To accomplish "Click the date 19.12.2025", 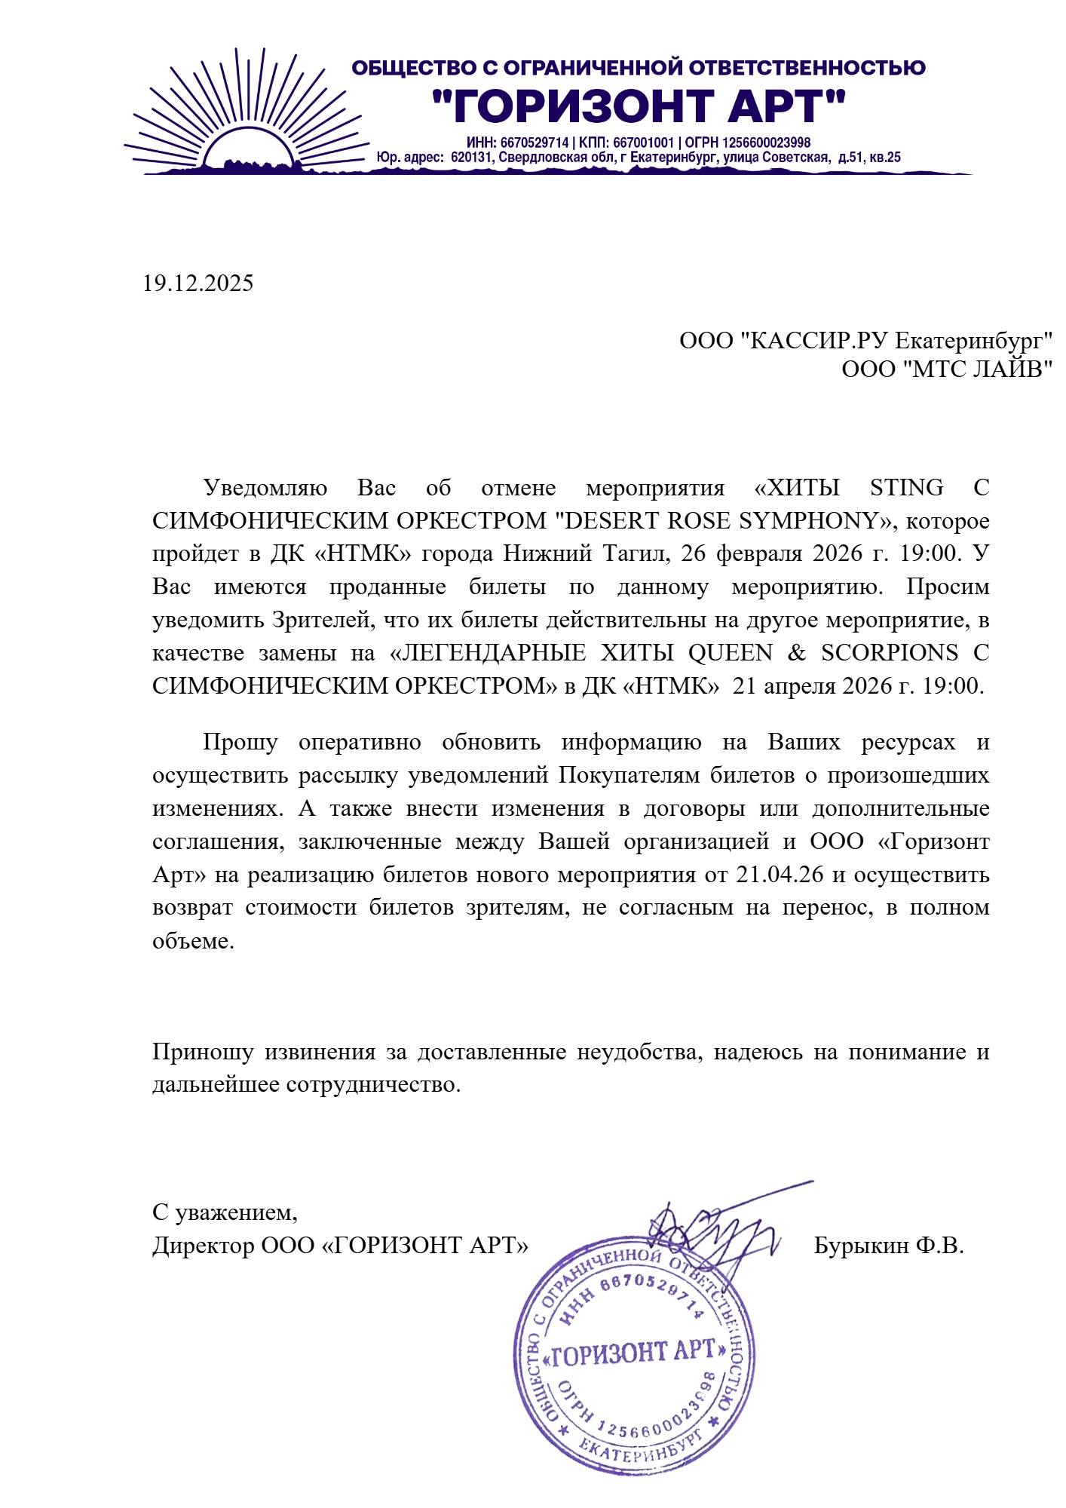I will (x=198, y=284).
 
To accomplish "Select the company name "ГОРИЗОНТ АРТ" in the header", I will (x=639, y=106).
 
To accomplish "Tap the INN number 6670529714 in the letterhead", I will (x=534, y=143).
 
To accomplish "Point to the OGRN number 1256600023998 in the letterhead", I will (x=766, y=143).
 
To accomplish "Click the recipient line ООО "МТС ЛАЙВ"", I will (x=946, y=369).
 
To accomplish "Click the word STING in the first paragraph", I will (x=906, y=488).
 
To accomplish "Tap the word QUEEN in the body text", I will (x=730, y=652).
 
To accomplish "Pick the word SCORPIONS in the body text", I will (x=890, y=652).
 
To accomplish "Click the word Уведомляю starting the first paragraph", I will (x=265, y=488).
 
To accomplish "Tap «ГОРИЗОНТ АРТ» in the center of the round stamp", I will (x=635, y=1353).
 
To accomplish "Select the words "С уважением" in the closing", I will (x=225, y=1212).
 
